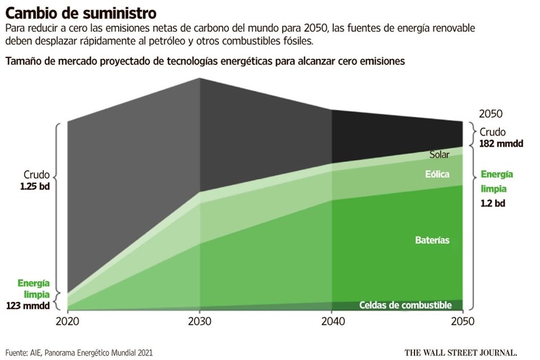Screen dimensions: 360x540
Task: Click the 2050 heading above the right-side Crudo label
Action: (x=490, y=114)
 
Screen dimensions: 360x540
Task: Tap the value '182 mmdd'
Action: (x=501, y=143)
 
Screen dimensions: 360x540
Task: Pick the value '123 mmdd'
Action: (x=28, y=306)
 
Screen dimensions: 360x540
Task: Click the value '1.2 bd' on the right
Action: (x=493, y=203)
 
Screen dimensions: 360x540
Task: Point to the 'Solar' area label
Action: (x=439, y=155)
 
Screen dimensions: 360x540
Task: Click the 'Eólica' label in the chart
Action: (x=437, y=174)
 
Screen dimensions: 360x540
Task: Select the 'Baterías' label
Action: (x=432, y=240)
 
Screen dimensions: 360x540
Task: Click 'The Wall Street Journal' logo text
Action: (x=461, y=353)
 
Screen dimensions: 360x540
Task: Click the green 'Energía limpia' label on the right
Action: (x=497, y=181)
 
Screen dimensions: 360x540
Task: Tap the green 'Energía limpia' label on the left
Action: (x=34, y=289)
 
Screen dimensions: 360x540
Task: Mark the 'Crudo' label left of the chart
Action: (x=37, y=174)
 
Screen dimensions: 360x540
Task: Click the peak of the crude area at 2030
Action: (x=200, y=79)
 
